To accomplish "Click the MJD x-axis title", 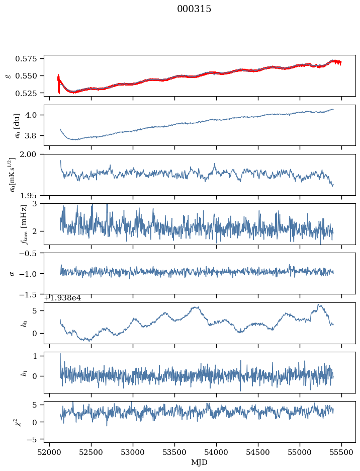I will pyautogui.click(x=200, y=462).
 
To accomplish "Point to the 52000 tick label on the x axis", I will pyautogui.click(x=49, y=452).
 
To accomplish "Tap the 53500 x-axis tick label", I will pyautogui.click(x=174, y=452).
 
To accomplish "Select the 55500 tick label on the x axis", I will pyautogui.click(x=342, y=452).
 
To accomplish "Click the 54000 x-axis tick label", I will pyautogui.click(x=216, y=452).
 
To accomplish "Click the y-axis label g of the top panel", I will pyautogui.click(x=8, y=75).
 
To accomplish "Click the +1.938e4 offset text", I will pyautogui.click(x=62, y=298).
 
